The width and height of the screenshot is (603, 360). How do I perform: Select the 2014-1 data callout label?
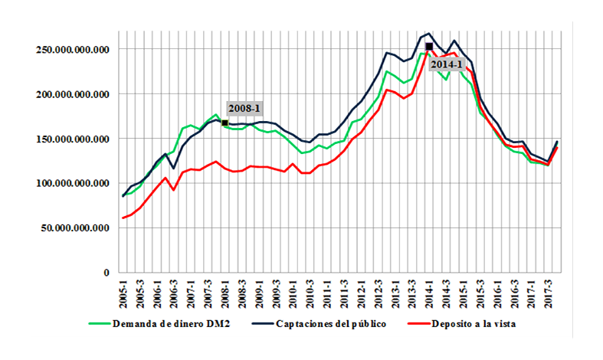tap(445, 64)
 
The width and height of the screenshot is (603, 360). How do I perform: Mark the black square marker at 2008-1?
tap(224, 123)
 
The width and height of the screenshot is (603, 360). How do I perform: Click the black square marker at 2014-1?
tap(429, 47)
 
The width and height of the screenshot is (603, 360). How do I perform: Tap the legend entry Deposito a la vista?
tap(473, 324)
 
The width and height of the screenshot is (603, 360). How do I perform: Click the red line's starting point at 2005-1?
tap(123, 218)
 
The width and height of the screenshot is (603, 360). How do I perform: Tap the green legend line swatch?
tap(100, 324)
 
